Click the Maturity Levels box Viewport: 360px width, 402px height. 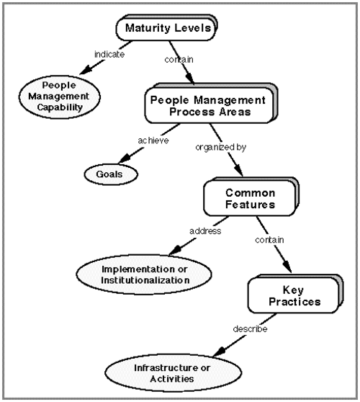click(166, 27)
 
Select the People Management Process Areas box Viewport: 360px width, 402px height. click(211, 103)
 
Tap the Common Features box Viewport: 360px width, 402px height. click(251, 197)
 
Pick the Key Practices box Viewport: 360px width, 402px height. click(295, 294)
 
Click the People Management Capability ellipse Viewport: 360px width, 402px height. click(60, 97)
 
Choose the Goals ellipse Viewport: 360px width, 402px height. click(111, 174)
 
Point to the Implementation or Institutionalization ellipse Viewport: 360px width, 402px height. click(144, 274)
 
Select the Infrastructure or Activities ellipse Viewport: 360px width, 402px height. click(174, 373)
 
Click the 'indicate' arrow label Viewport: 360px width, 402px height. click(109, 54)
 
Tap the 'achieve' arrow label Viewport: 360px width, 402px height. click(153, 140)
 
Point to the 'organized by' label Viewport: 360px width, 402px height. click(220, 148)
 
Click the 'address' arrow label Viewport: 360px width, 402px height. click(205, 231)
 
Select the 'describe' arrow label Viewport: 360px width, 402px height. click(250, 329)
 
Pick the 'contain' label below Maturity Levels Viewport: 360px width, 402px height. click(179, 60)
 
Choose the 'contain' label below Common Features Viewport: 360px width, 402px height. click(269, 240)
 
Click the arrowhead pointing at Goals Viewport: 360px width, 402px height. click(125, 159)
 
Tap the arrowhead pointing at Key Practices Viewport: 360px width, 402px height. click(287, 267)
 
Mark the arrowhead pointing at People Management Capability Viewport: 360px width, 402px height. click(86, 70)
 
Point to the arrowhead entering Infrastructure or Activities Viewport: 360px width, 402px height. click(220, 352)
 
